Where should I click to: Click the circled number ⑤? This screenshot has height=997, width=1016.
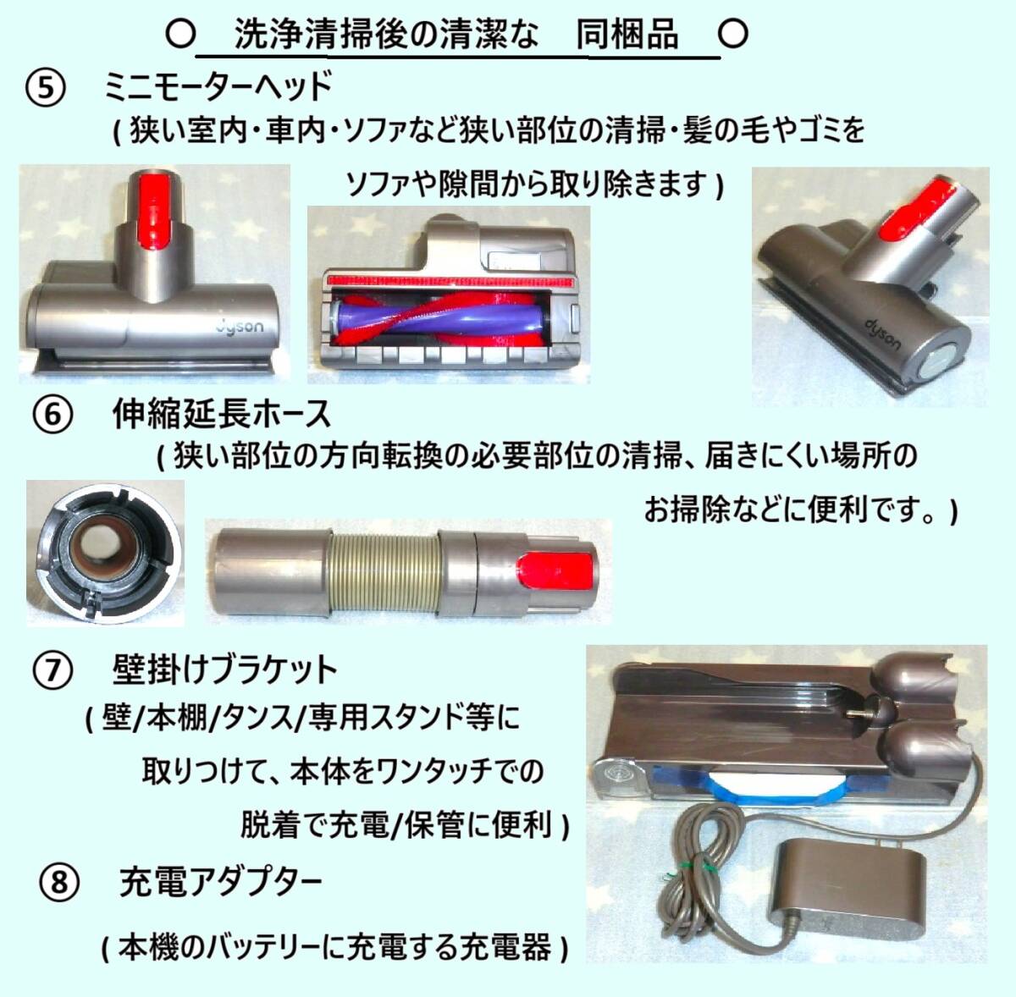(46, 88)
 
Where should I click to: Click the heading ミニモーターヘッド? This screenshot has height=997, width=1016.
(218, 87)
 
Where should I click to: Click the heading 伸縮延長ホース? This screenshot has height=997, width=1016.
(222, 415)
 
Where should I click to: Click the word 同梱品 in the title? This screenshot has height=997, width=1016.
(627, 34)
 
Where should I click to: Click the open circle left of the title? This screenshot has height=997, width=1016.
(181, 34)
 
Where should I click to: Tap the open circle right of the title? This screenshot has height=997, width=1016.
(733, 33)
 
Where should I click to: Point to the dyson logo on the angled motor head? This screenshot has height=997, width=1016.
(882, 335)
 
